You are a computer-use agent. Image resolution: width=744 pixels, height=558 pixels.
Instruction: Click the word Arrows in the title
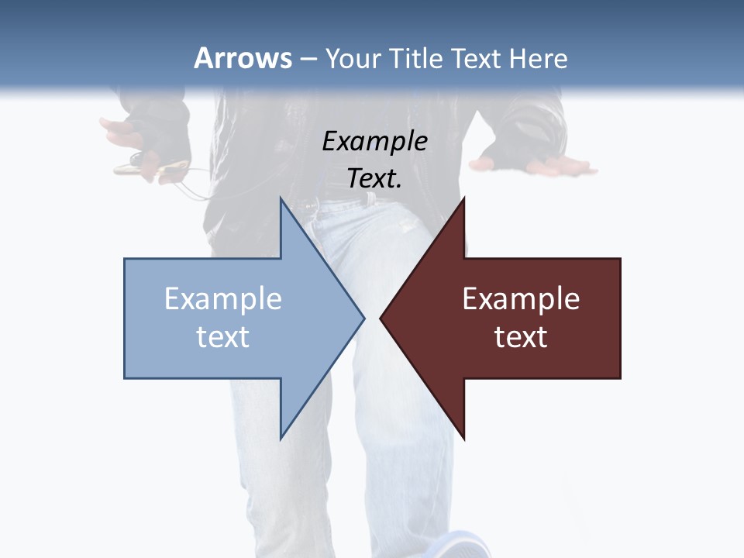point(243,58)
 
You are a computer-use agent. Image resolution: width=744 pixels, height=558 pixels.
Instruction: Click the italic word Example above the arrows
point(374,141)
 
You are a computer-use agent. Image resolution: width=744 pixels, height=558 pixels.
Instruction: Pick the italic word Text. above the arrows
point(374,178)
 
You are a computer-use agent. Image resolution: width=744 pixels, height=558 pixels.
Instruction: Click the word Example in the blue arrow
point(222,298)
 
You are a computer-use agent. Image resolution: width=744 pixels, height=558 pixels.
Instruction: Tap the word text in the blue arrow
point(222,336)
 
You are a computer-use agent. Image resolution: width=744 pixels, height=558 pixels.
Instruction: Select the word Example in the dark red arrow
point(521,298)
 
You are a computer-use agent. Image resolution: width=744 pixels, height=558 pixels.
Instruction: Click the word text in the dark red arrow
point(521,336)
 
